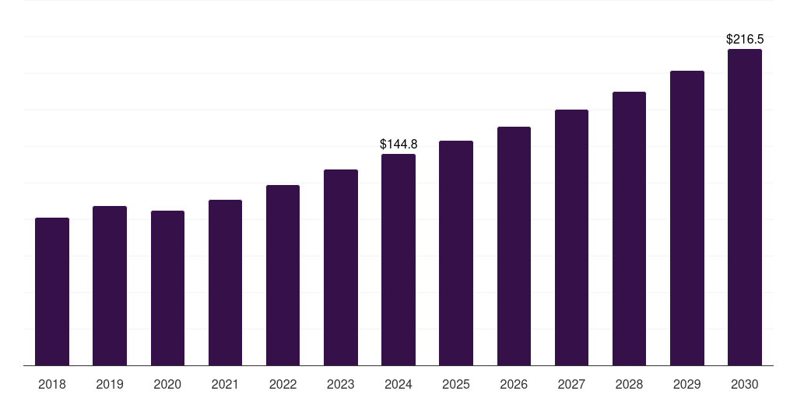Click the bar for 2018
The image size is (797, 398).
tap(52, 292)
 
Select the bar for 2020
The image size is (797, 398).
tap(167, 288)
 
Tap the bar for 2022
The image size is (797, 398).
tap(283, 275)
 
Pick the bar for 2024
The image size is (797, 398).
tap(398, 260)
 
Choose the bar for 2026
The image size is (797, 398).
tap(514, 246)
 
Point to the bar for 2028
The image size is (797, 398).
tap(629, 229)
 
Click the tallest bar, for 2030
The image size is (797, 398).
tap(744, 207)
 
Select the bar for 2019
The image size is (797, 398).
tap(110, 285)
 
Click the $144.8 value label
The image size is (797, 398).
tap(398, 144)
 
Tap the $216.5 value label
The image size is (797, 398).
tap(744, 39)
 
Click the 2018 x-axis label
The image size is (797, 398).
tap(52, 384)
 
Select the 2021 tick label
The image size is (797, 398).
tap(225, 384)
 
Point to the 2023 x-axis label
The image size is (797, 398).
tap(340, 384)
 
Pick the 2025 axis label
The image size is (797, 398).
tap(456, 384)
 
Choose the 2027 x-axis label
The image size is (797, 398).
tap(571, 384)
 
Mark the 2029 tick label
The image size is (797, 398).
tap(686, 384)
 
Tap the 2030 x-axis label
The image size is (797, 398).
tap(744, 384)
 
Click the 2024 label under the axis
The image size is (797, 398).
tap(398, 384)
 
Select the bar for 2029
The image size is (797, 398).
tap(686, 218)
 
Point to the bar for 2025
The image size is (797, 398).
tap(456, 253)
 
